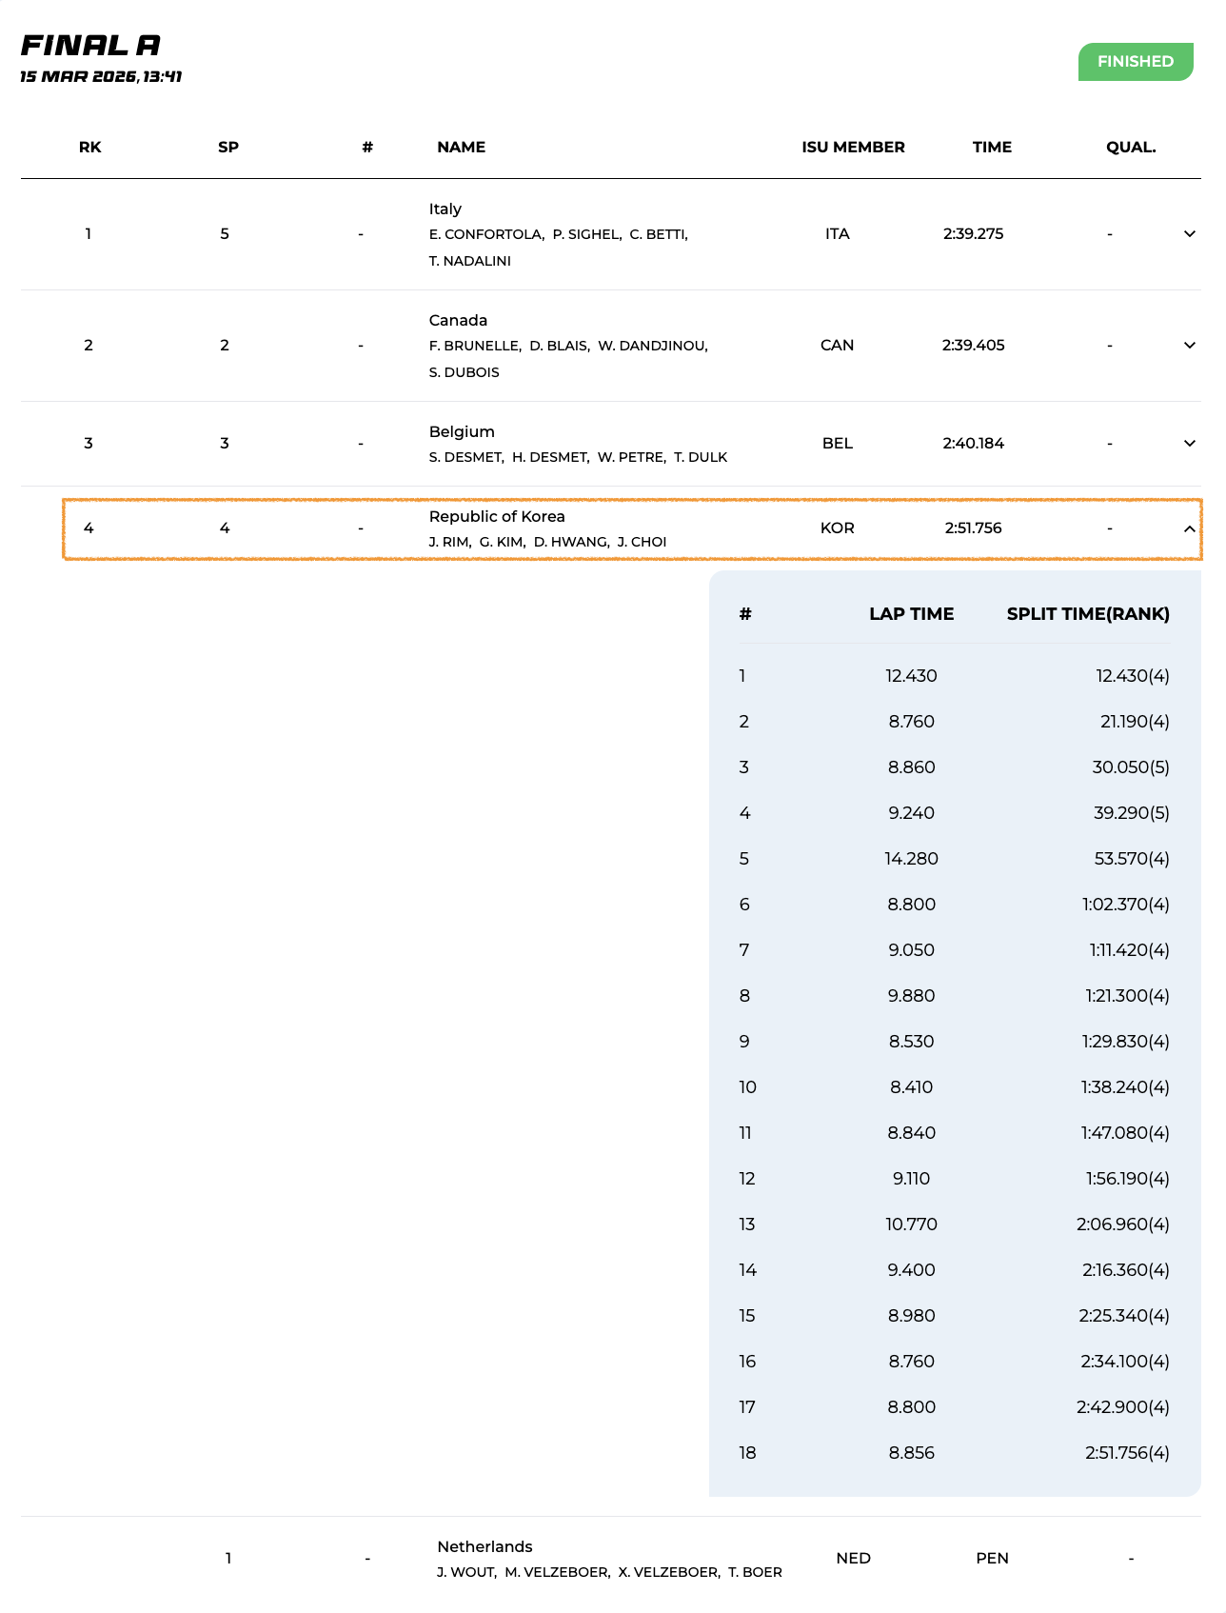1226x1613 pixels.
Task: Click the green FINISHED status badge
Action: (x=1135, y=62)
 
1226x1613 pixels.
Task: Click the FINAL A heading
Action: (x=90, y=45)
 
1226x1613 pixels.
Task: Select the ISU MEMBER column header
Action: (x=853, y=148)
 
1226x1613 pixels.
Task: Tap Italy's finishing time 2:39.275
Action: (x=973, y=234)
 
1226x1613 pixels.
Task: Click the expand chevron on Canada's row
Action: (x=1189, y=346)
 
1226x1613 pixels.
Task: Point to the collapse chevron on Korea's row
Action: (x=1189, y=528)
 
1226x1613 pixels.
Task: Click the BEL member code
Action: (x=837, y=444)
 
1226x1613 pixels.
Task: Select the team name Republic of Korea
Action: (x=497, y=517)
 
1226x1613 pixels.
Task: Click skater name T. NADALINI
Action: (x=470, y=261)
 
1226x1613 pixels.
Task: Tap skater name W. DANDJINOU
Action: (x=653, y=346)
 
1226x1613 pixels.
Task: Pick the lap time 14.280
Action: (x=911, y=859)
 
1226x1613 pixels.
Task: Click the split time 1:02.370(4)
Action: (x=1125, y=905)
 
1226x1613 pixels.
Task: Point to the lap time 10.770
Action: (x=911, y=1225)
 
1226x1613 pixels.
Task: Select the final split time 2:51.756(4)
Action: (x=1127, y=1453)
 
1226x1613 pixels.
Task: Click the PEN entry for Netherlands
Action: (x=992, y=1559)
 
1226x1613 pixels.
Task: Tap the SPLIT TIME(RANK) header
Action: (x=1088, y=614)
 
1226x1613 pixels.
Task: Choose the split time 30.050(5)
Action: (x=1131, y=767)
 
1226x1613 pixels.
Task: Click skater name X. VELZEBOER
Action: (x=668, y=1572)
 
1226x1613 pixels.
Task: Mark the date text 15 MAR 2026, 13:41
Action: (x=101, y=76)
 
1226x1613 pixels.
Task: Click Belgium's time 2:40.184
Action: (x=973, y=444)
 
